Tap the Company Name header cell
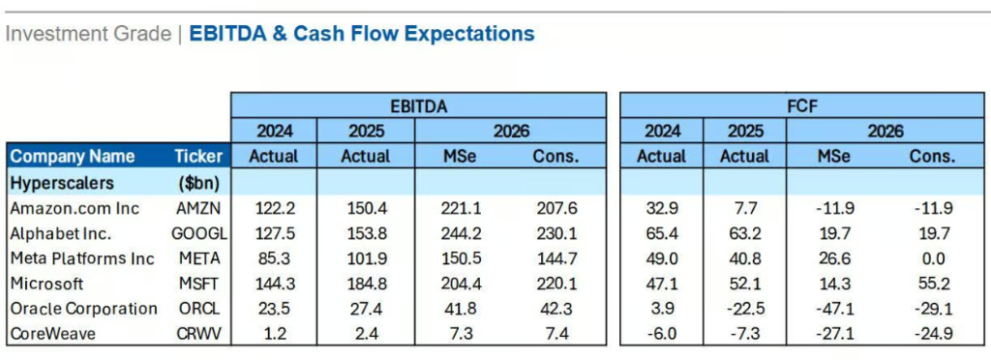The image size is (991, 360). (73, 157)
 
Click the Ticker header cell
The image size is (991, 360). (198, 157)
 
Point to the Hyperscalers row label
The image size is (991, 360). (62, 183)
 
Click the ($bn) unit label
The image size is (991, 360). (198, 183)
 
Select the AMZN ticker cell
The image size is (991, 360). (198, 208)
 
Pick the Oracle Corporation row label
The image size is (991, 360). (83, 309)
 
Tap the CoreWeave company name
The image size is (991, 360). (52, 334)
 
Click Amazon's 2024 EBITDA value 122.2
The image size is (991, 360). (274, 208)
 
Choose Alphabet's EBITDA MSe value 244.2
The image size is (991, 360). (462, 233)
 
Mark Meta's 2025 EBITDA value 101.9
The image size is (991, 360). (365, 258)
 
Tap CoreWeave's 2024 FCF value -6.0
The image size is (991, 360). (662, 334)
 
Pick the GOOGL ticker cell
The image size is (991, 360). (198, 233)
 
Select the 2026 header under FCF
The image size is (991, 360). (885, 132)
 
